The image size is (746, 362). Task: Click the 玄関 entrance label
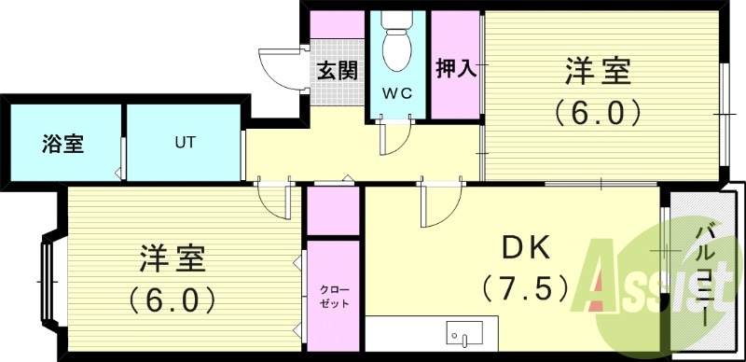337,71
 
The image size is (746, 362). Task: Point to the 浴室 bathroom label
62,145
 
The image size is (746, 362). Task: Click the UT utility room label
183,144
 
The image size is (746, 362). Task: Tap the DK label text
527,247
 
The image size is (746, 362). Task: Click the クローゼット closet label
331,298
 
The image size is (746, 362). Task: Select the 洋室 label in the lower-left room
174,257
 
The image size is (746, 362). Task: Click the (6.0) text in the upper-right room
598,113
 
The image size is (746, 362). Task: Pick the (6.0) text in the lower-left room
173,299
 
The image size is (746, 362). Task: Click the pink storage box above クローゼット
332,211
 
